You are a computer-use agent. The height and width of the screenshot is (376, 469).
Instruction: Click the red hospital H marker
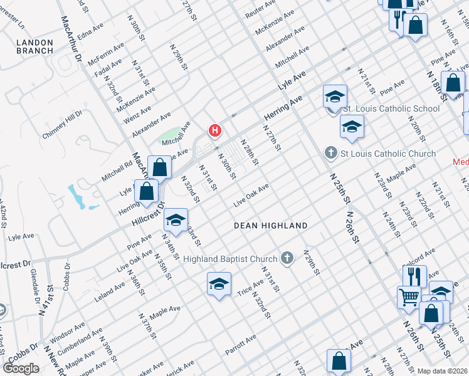(x=215, y=130)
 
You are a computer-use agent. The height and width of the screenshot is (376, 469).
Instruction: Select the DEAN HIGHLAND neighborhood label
(x=271, y=226)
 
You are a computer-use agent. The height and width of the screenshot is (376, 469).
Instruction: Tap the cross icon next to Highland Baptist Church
(x=287, y=258)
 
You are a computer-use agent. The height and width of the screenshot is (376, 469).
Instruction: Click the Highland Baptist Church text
(x=230, y=259)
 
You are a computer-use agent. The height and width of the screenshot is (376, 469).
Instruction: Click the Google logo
(x=21, y=368)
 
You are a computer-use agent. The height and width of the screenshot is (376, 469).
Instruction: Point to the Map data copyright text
(x=443, y=371)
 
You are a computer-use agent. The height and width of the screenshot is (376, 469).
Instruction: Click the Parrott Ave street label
(x=241, y=345)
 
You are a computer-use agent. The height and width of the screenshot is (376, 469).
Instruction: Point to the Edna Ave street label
(x=90, y=31)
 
